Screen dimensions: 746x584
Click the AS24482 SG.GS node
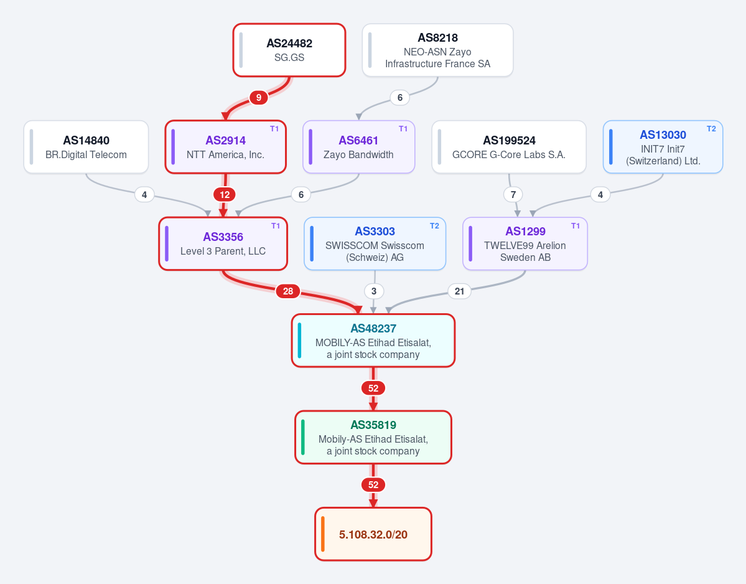[x=289, y=50]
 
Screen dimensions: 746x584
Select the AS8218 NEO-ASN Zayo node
[x=437, y=50]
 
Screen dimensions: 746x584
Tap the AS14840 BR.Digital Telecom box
[x=86, y=147]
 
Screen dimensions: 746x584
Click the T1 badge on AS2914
[x=274, y=128]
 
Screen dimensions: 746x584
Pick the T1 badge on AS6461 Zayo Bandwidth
[x=403, y=128]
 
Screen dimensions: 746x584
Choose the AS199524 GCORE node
[x=509, y=147]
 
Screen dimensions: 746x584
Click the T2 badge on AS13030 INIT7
[x=711, y=128]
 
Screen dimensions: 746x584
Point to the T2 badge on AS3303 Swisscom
[x=434, y=225]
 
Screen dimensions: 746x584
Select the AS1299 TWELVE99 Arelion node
[x=525, y=243]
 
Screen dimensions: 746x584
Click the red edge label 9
[x=258, y=98]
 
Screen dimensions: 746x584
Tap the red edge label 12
[x=225, y=194]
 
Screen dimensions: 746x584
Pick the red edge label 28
[x=288, y=291]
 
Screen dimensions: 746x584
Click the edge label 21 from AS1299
[x=459, y=291]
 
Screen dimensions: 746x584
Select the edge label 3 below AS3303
[x=374, y=291]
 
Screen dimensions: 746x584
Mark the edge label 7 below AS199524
[x=513, y=194]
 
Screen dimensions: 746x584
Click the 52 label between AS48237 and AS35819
[x=373, y=388]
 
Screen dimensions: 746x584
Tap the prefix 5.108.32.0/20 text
[x=373, y=534]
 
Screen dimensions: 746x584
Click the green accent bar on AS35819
[x=303, y=437]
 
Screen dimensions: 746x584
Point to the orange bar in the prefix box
[x=323, y=534]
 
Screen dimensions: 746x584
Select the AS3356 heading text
[x=223, y=237]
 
